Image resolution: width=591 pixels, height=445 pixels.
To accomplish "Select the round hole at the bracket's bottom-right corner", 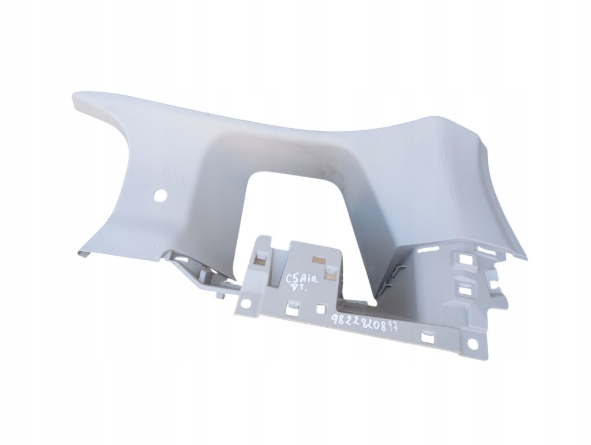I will pyautogui.click(x=471, y=344).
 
